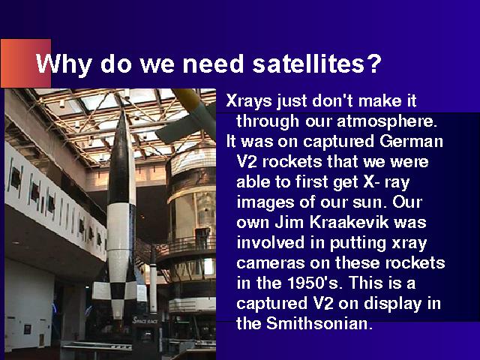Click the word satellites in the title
click(x=309, y=64)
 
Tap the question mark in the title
click(x=375, y=64)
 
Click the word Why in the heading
click(x=64, y=65)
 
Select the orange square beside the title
click(x=25, y=63)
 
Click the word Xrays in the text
click(x=248, y=101)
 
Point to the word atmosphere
click(x=385, y=121)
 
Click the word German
click(x=411, y=142)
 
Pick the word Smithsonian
click(x=319, y=323)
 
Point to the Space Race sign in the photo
click(x=145, y=320)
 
